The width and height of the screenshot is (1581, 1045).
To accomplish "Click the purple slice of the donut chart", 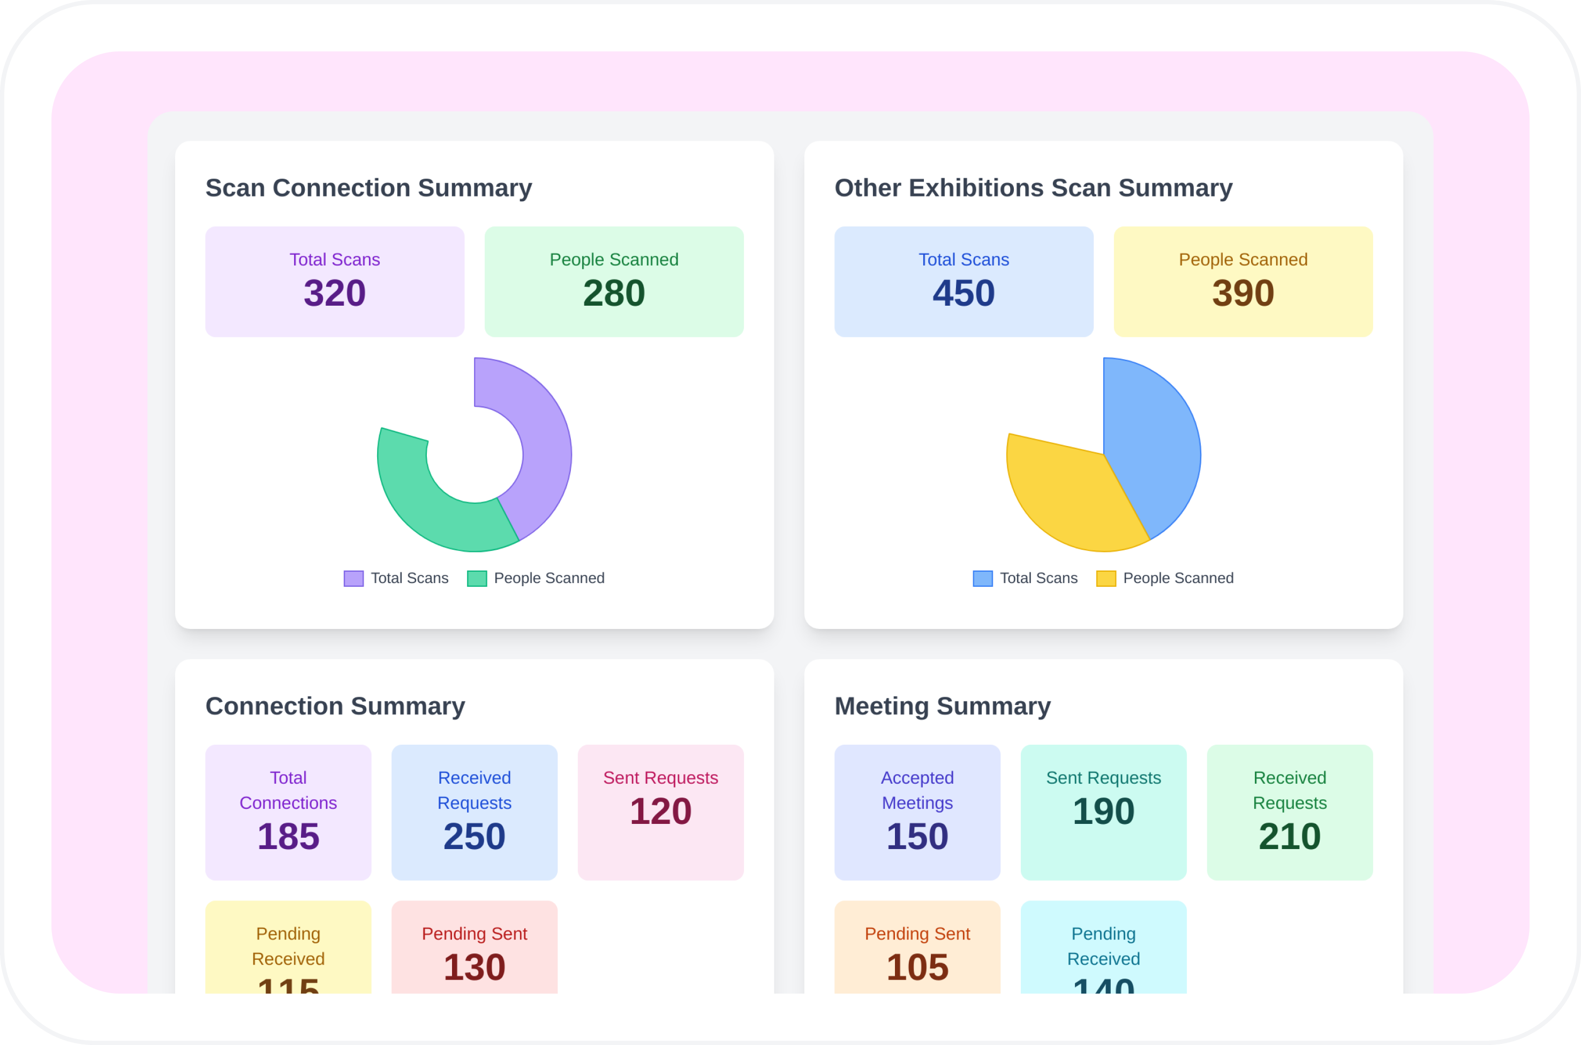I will point(543,440).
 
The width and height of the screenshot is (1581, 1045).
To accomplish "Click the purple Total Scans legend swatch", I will point(353,579).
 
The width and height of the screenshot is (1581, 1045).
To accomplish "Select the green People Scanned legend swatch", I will point(477,579).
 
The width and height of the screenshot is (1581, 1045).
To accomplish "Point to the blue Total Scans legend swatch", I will point(982,579).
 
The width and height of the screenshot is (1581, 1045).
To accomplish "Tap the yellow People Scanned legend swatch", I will point(1106,579).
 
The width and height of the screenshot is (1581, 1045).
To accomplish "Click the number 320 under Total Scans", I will point(335,293).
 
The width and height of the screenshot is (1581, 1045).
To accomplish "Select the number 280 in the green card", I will point(614,293).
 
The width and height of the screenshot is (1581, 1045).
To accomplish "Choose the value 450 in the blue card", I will point(964,293).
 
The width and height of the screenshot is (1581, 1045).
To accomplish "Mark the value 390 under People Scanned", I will point(1243,293).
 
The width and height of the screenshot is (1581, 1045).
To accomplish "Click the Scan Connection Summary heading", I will point(368,188).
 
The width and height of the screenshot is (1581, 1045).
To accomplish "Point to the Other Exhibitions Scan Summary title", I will point(1033,188).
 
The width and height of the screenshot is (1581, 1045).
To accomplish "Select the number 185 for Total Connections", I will point(288,836).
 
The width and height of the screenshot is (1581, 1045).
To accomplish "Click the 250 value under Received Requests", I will point(475,836).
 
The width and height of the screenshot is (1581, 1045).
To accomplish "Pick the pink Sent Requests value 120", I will point(660,811).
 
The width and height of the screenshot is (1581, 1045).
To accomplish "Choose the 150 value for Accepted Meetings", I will point(917,836).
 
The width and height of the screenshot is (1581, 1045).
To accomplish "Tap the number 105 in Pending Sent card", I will point(917,967).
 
